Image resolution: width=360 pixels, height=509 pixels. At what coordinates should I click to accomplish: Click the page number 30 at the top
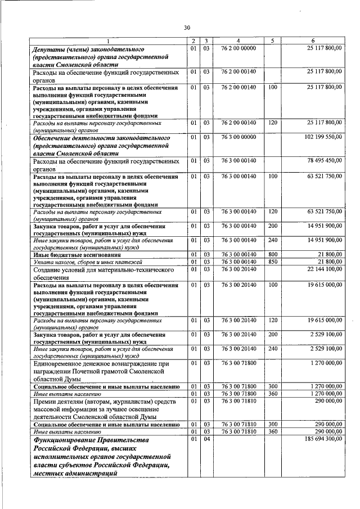click(x=187, y=27)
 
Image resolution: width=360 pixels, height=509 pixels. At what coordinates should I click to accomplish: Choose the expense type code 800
click(x=273, y=255)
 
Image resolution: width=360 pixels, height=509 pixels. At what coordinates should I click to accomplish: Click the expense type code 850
click(x=273, y=262)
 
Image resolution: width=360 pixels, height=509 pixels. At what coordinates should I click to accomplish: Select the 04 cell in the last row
click(x=206, y=438)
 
